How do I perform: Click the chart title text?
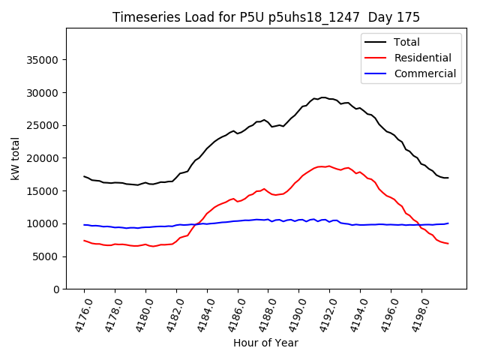[265, 17]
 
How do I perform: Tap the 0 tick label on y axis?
[56, 289]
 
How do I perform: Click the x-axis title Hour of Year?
[265, 343]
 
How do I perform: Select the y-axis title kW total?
[16, 158]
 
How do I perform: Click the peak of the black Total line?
[322, 97]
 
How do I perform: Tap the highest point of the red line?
[321, 166]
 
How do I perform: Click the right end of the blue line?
[448, 223]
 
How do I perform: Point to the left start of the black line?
[84, 176]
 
